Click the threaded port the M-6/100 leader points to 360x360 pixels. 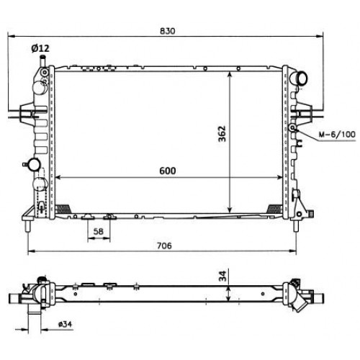[x=294, y=127]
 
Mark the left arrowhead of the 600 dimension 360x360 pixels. [x=58, y=177]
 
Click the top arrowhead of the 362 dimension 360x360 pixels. [x=230, y=74]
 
